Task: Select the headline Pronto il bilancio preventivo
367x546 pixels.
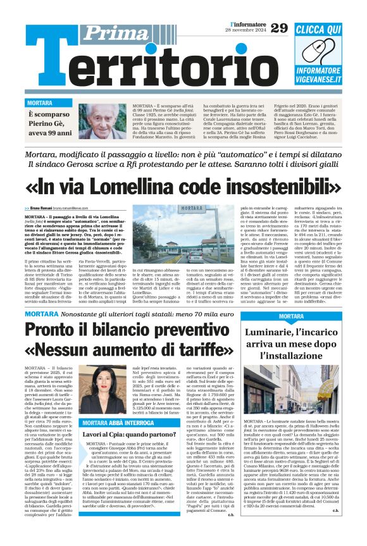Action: pyautogui.click(x=134, y=329)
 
